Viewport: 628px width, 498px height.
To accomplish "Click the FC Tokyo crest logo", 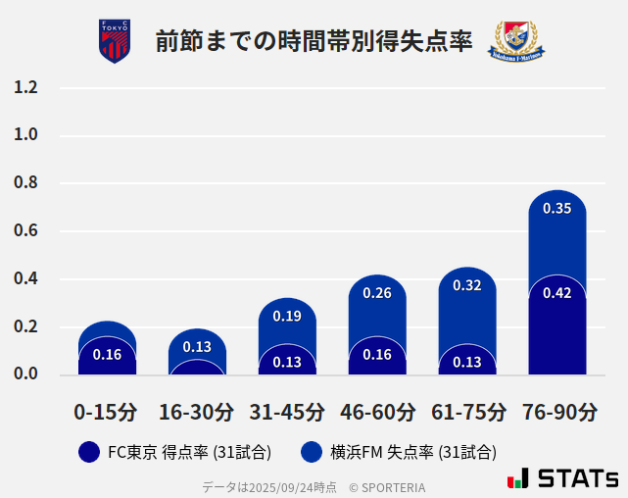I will [x=115, y=41].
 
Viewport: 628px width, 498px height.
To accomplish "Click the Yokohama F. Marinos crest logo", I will [x=516, y=41].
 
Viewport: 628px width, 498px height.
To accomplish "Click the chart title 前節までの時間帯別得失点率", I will [x=314, y=41].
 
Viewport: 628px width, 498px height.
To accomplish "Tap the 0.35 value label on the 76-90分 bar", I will [x=556, y=208].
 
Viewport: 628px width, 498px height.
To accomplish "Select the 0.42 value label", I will [x=556, y=293].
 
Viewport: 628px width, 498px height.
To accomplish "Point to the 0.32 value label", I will [x=467, y=285].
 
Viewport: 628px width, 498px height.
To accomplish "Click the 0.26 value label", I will [x=377, y=293].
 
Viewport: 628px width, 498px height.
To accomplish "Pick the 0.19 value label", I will [x=287, y=316].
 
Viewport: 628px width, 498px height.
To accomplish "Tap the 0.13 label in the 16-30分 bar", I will [x=197, y=347].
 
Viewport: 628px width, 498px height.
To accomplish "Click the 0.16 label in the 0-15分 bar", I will [x=107, y=355].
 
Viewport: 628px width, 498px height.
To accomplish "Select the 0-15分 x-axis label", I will [x=106, y=412].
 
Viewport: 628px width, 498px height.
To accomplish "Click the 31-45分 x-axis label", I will [x=287, y=412].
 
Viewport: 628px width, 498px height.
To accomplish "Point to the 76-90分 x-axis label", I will [x=558, y=412].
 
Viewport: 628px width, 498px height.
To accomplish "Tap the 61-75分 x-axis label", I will [x=468, y=412].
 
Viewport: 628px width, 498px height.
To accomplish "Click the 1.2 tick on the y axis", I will [x=25, y=87].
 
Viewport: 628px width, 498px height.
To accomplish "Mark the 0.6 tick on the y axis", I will [x=25, y=231].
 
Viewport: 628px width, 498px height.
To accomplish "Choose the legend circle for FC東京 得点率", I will [x=89, y=452].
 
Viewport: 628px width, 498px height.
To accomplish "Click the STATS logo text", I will [x=577, y=478].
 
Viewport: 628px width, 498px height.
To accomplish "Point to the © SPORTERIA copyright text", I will [x=387, y=487].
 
